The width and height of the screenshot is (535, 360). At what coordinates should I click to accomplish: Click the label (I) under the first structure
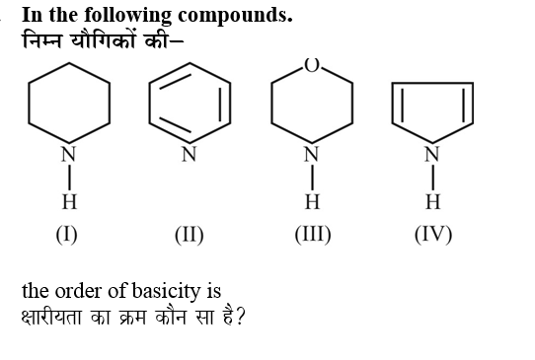[67, 235]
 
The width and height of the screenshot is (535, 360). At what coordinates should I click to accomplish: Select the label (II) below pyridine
[189, 235]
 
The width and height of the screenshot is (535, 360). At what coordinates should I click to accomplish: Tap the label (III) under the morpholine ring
[312, 235]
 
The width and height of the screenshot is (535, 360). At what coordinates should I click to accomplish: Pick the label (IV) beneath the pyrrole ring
[433, 235]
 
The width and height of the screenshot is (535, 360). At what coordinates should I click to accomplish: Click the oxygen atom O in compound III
[312, 65]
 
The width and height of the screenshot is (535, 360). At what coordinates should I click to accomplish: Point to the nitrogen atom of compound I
[68, 154]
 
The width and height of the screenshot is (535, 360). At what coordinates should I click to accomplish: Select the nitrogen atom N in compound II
[189, 154]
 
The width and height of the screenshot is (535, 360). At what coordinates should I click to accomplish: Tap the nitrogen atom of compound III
[312, 154]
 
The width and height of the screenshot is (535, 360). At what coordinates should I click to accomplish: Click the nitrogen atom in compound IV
[432, 154]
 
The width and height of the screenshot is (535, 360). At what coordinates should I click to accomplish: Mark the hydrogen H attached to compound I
[68, 202]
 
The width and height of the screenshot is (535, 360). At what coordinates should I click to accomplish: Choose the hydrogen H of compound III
[312, 202]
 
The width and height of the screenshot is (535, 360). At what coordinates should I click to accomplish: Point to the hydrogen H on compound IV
[432, 202]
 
